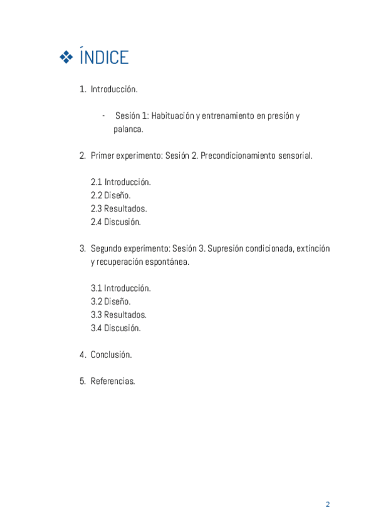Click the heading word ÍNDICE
pyautogui.click(x=104, y=58)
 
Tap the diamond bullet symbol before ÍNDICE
pyautogui.click(x=66, y=58)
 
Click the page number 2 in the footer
pyautogui.click(x=327, y=504)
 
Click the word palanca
pyautogui.click(x=128, y=130)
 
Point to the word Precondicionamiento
pyautogui.click(x=239, y=155)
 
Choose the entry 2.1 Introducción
pyautogui.click(x=121, y=182)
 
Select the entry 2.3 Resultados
pyautogui.click(x=119, y=208)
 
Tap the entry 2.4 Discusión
pyautogui.click(x=116, y=221)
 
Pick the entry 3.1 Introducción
pyautogui.click(x=121, y=288)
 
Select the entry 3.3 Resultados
pyautogui.click(x=119, y=314)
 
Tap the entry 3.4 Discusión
pyautogui.click(x=116, y=327)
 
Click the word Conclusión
pyautogui.click(x=112, y=354)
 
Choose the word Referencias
pyautogui.click(x=113, y=381)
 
